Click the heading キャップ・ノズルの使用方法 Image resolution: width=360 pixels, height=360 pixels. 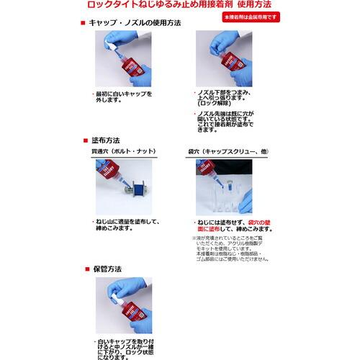[133, 23]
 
